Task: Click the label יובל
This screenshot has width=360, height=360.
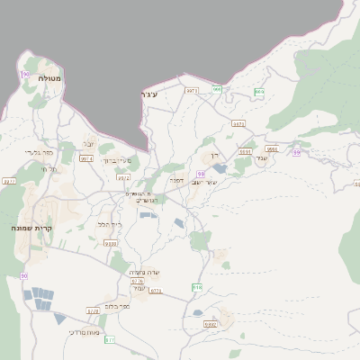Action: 88,143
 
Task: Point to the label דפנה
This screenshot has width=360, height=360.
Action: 177,180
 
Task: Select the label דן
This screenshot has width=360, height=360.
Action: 214,157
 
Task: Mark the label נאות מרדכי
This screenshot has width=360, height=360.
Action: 83,332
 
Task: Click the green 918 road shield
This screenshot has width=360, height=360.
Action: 197,287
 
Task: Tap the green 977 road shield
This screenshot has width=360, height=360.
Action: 110,339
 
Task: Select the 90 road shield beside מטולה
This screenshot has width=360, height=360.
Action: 26,64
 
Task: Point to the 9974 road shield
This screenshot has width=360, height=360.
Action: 86,159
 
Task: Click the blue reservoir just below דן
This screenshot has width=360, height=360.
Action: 220,168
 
